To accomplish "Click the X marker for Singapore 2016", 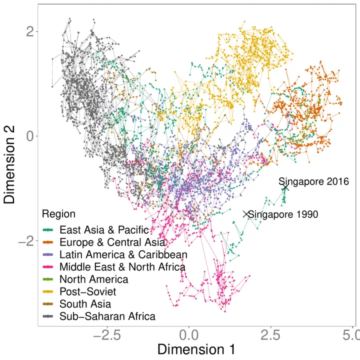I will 285,187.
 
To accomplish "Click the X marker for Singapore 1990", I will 245,214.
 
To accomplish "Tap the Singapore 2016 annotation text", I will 313,181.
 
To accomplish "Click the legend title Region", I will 58,214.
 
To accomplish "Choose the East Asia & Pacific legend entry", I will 104,230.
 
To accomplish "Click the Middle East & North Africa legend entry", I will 122,267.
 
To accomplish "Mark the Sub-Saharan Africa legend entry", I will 107,316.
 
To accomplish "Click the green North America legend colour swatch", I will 48,279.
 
